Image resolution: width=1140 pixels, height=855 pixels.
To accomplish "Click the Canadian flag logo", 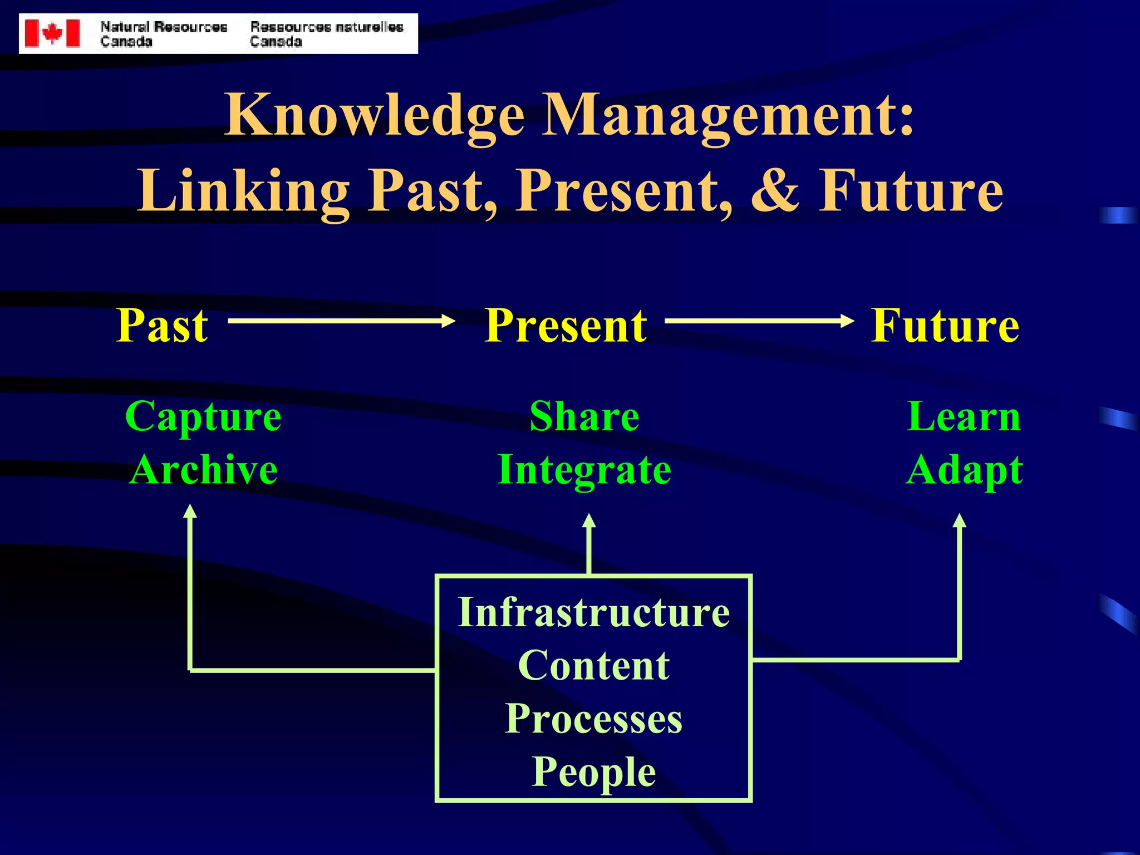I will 53,33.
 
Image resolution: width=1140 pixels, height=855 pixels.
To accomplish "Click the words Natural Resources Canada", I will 163,34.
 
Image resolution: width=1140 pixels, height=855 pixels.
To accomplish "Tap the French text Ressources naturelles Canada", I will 326,34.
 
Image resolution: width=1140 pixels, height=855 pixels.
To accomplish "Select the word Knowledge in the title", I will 374,115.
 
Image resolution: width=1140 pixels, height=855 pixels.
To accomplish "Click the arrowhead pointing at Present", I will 449,321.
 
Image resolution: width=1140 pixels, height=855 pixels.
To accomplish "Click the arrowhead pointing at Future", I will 847,321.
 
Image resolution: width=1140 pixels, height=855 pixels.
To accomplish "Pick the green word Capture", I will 203,417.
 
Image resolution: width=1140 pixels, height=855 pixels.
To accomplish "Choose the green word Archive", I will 203,470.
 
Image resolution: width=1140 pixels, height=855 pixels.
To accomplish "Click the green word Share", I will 584,417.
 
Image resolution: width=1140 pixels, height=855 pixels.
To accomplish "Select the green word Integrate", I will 584,470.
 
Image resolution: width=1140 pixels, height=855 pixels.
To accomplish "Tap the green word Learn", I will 964,417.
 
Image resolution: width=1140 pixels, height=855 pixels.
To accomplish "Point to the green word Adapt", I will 964,471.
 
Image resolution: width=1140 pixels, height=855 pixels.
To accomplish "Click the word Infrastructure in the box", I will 593,612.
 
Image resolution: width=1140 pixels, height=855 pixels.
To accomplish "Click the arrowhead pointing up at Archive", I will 190,511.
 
